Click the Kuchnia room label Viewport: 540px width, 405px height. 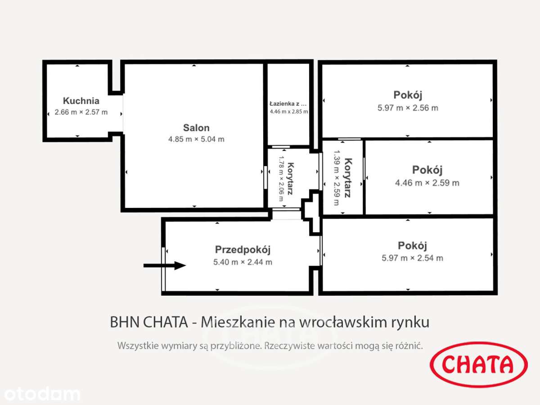(81, 101)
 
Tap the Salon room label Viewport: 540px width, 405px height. (196, 128)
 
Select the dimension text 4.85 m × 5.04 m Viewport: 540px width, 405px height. (196, 139)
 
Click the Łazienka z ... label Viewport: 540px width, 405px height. (288, 103)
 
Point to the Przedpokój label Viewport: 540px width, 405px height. (243, 250)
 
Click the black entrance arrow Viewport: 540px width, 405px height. (164, 265)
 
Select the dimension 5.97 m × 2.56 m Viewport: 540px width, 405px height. (408, 108)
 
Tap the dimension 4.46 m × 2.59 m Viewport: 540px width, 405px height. (427, 183)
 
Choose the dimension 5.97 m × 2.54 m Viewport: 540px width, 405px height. (412, 258)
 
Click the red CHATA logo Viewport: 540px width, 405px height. (479, 364)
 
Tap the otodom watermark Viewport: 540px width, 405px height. (40, 394)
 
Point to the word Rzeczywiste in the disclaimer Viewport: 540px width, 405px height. (290, 346)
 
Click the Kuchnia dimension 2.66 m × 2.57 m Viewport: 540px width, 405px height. (81, 112)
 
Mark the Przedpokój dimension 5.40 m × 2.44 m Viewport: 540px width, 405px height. (243, 262)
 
